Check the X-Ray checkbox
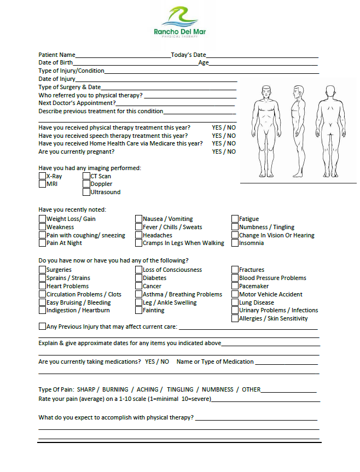click(42, 176)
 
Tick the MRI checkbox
click(42, 184)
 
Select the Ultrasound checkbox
click(86, 192)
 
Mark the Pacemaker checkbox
click(235, 286)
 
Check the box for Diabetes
click(138, 278)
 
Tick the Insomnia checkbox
click(235, 243)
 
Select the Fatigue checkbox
click(235, 219)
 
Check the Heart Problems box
click(42, 286)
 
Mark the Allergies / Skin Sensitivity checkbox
click(235, 318)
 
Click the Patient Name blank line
click(123, 56)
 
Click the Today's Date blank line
click(262, 56)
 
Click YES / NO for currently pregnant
click(224, 151)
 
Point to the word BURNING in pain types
click(115, 390)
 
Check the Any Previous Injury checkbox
click(42, 327)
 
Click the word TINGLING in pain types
click(180, 390)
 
